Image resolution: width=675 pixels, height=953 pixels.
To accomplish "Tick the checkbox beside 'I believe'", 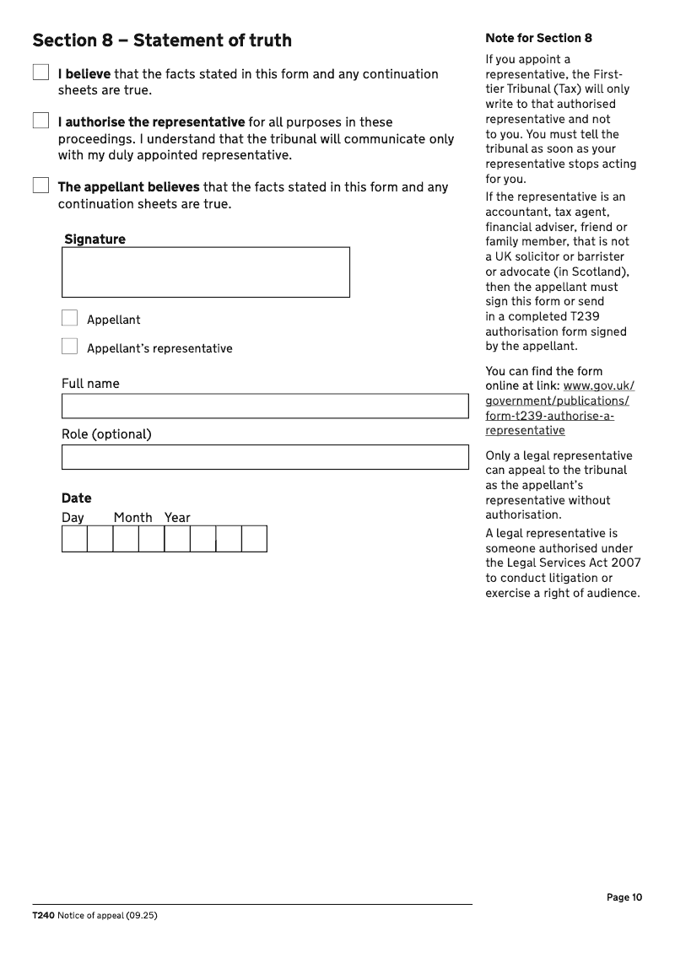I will tap(40, 73).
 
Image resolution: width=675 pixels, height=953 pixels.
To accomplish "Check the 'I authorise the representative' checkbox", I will tap(40, 121).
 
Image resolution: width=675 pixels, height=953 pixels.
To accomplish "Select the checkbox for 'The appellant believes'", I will tap(40, 186).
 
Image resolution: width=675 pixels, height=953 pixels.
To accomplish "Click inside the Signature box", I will tap(205, 272).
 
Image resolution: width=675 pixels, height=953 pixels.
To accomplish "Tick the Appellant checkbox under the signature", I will tap(69, 318).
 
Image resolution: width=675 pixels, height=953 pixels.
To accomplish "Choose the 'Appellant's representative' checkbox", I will tap(69, 347).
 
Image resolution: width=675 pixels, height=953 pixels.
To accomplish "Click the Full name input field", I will tap(264, 406).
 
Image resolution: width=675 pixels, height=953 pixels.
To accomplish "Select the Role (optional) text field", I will tap(264, 456).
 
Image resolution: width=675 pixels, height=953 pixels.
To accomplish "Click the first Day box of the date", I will tap(74, 538).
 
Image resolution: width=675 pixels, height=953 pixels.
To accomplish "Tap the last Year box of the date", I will tap(254, 538).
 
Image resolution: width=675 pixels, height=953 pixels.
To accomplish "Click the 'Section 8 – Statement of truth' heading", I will tap(161, 40).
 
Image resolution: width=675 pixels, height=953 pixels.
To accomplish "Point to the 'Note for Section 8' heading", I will tap(538, 38).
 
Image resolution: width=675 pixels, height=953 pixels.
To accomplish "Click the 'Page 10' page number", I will tap(624, 897).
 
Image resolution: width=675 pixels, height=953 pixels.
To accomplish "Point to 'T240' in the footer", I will tap(43, 916).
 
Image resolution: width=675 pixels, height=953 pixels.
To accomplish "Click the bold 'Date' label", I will tap(76, 498).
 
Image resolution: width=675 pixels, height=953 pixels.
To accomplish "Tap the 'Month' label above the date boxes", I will tap(132, 518).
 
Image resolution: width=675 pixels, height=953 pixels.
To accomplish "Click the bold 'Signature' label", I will tap(94, 240).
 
